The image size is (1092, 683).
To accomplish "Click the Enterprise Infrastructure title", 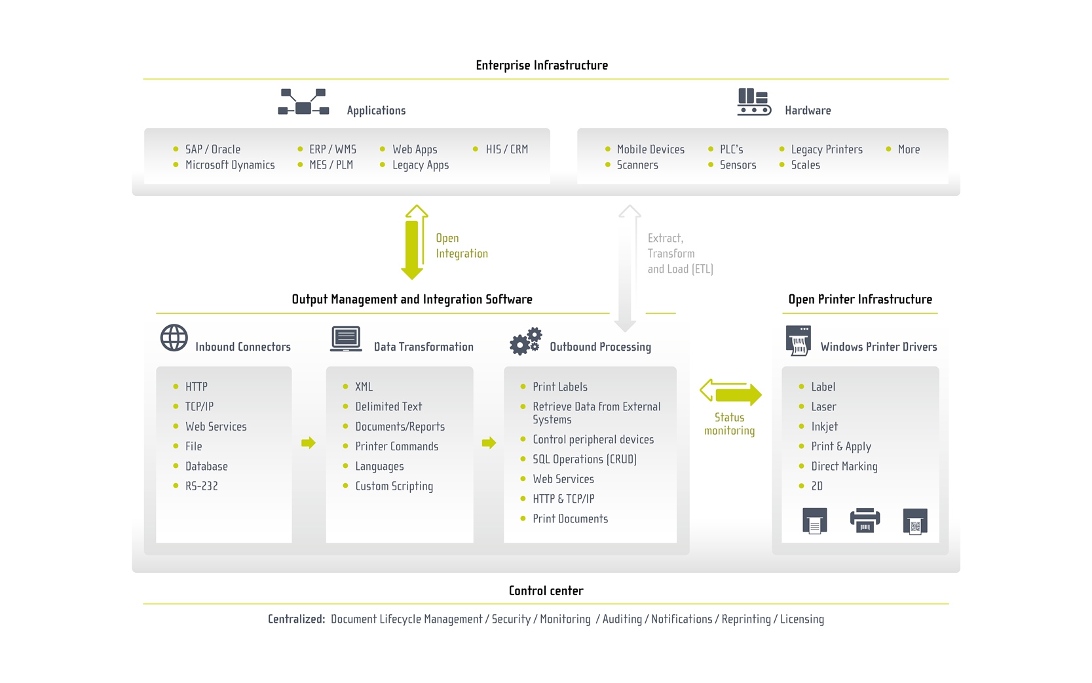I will click(542, 65).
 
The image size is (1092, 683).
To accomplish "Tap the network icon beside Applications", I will click(303, 102).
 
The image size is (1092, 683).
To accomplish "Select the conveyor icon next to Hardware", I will click(753, 102).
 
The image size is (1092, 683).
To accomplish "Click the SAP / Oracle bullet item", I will click(212, 149).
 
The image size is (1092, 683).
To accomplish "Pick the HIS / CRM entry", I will click(506, 149).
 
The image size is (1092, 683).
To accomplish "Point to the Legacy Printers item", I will click(826, 149).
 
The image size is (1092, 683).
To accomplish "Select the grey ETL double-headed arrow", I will click(628, 269).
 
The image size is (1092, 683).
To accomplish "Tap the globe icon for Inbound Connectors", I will click(174, 338).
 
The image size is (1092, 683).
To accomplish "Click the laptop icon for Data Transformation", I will click(346, 339).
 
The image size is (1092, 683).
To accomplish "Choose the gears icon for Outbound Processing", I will click(525, 341).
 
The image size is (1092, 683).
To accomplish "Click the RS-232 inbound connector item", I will click(201, 486).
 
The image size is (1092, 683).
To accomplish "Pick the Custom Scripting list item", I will click(394, 486).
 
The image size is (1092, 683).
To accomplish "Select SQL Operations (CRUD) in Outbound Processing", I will click(584, 459).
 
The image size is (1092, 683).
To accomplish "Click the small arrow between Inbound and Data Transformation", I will click(309, 443).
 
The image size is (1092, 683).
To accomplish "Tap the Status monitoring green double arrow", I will click(730, 393).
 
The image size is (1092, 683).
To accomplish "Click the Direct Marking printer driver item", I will click(844, 467).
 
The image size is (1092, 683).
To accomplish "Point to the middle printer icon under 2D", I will click(865, 520).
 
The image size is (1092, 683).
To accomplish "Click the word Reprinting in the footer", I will click(745, 619).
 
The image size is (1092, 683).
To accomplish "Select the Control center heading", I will click(546, 591).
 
